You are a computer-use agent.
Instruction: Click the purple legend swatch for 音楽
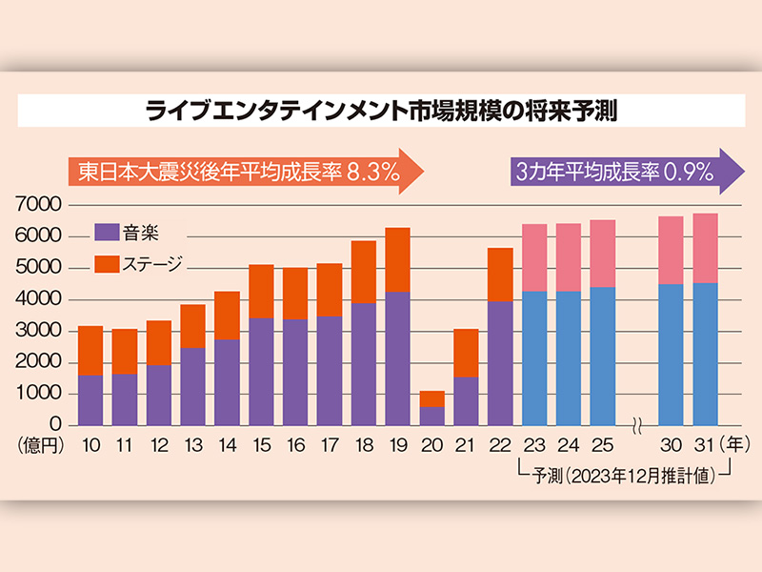tap(107, 232)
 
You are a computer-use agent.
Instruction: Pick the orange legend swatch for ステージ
tap(107, 260)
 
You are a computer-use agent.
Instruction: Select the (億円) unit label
tap(38, 444)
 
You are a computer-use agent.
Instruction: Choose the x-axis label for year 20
tap(431, 444)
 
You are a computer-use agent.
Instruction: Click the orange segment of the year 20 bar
tap(431, 398)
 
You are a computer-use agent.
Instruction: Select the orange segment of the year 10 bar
tap(90, 350)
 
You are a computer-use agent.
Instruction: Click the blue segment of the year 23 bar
tap(534, 357)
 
